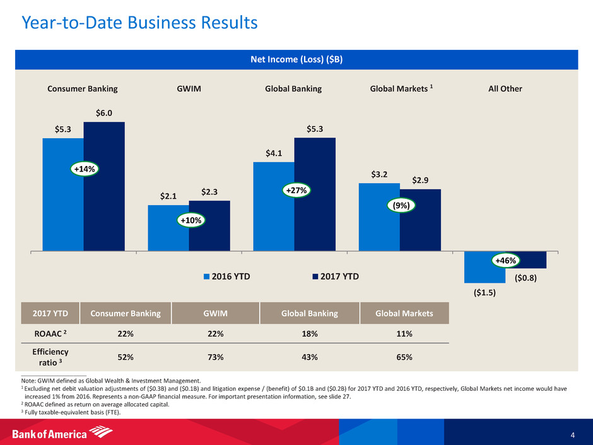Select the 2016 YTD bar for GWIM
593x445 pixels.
(168, 228)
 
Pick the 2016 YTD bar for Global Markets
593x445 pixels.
(379, 217)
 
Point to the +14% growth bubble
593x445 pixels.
(83, 169)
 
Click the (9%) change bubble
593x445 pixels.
(400, 205)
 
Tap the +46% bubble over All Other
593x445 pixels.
(505, 260)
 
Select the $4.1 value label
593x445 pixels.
(273, 152)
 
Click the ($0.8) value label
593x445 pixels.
(525, 275)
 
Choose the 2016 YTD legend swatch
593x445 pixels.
(207, 275)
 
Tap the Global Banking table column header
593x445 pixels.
(309, 314)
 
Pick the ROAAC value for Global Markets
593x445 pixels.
(404, 334)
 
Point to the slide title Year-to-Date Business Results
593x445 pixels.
(139, 23)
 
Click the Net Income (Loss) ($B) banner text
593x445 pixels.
(296, 59)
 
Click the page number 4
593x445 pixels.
(572, 434)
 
